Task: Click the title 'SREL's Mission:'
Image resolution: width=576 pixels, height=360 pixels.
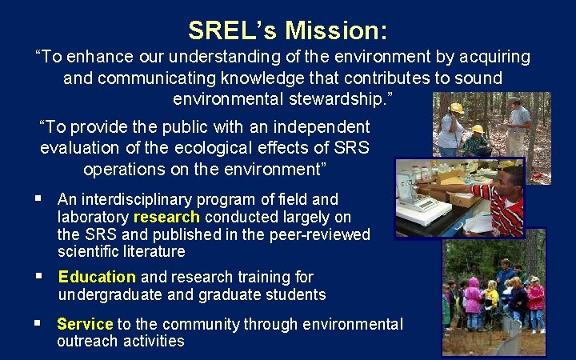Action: tap(288, 30)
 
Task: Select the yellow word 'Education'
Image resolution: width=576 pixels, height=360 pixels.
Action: tap(97, 277)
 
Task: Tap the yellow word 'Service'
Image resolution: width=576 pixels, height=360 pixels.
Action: tap(85, 324)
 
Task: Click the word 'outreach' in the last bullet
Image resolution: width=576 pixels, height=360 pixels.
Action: tap(87, 342)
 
